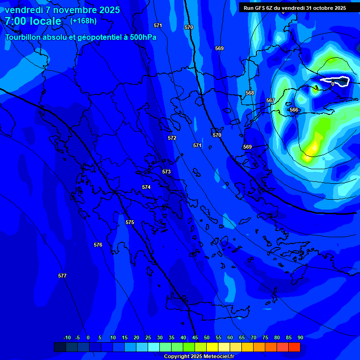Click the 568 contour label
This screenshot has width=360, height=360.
coord(250,93)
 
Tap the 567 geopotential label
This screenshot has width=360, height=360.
coord(270,101)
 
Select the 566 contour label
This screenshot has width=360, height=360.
coord(294,110)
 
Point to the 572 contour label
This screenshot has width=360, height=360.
coord(172,138)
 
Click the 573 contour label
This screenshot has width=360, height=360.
coord(166,172)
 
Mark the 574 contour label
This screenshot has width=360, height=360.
coord(146,187)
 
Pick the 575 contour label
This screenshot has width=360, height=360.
coord(130,222)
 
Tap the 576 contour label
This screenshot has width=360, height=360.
coord(98,245)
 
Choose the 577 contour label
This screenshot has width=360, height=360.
coord(62,276)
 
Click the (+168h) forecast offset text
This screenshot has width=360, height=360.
coord(83,21)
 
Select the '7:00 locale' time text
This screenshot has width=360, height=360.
coord(33,21)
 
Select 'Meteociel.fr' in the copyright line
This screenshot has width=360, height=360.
coord(218,356)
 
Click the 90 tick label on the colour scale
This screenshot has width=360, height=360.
coord(300,337)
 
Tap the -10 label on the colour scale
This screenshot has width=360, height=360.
coord(67,337)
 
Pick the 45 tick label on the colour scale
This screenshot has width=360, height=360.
coord(195,337)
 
